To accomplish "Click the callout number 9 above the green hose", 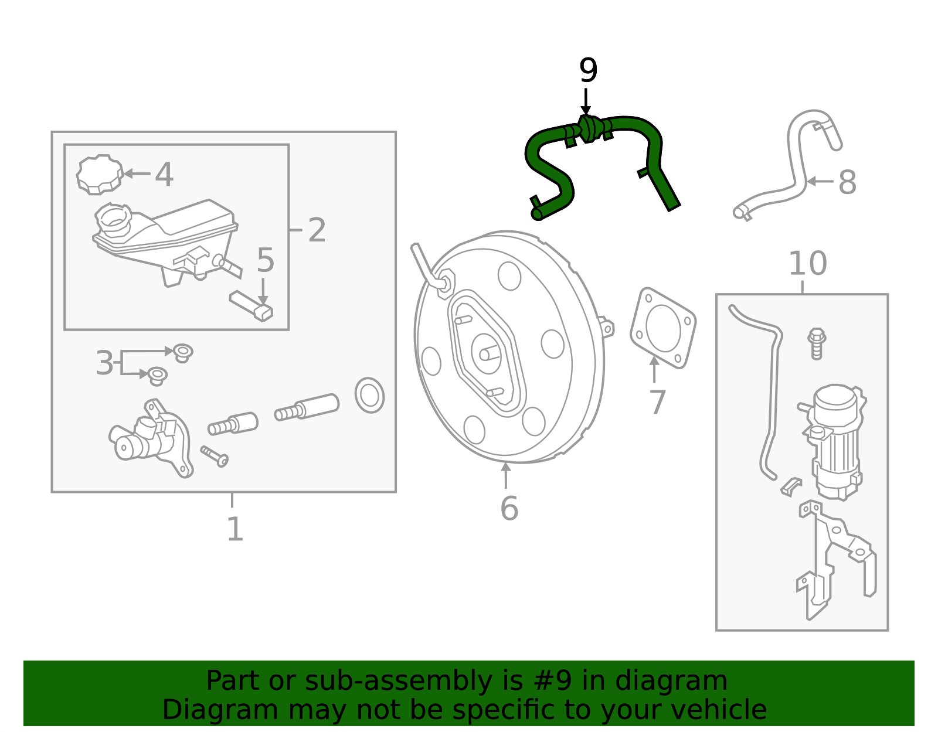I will [x=588, y=72].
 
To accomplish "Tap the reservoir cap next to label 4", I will [x=100, y=174].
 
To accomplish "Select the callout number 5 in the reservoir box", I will [x=265, y=260].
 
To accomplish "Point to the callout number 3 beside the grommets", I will [x=104, y=363].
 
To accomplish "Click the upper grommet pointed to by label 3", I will [x=183, y=353].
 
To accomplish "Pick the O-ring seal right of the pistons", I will [x=369, y=396].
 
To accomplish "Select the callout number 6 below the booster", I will [x=509, y=508].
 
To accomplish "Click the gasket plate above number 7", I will [x=664, y=328].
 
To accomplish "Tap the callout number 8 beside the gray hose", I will [x=847, y=182].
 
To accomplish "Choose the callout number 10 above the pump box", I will [x=807, y=264].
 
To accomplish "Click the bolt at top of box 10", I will [x=817, y=343].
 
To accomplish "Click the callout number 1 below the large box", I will [x=235, y=529].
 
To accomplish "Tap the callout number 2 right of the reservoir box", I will [x=317, y=230].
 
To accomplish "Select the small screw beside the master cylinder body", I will [x=215, y=456].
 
